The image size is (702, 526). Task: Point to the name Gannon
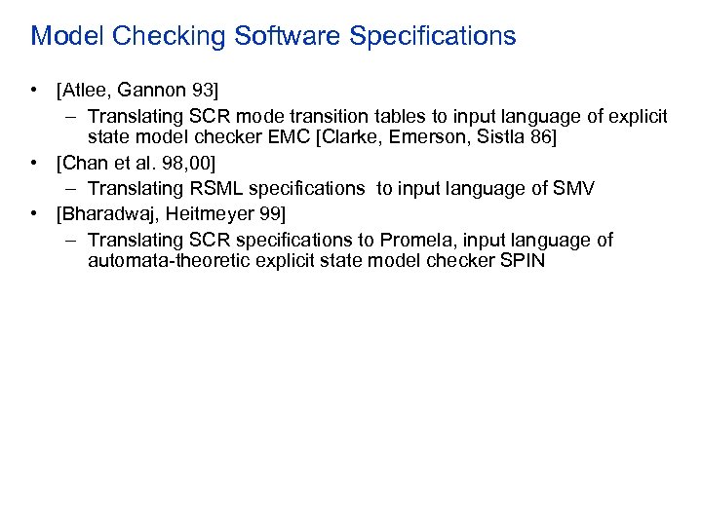click(152, 92)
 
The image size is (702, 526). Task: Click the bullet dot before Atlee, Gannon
click(35, 92)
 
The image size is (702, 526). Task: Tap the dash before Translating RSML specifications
click(73, 188)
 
